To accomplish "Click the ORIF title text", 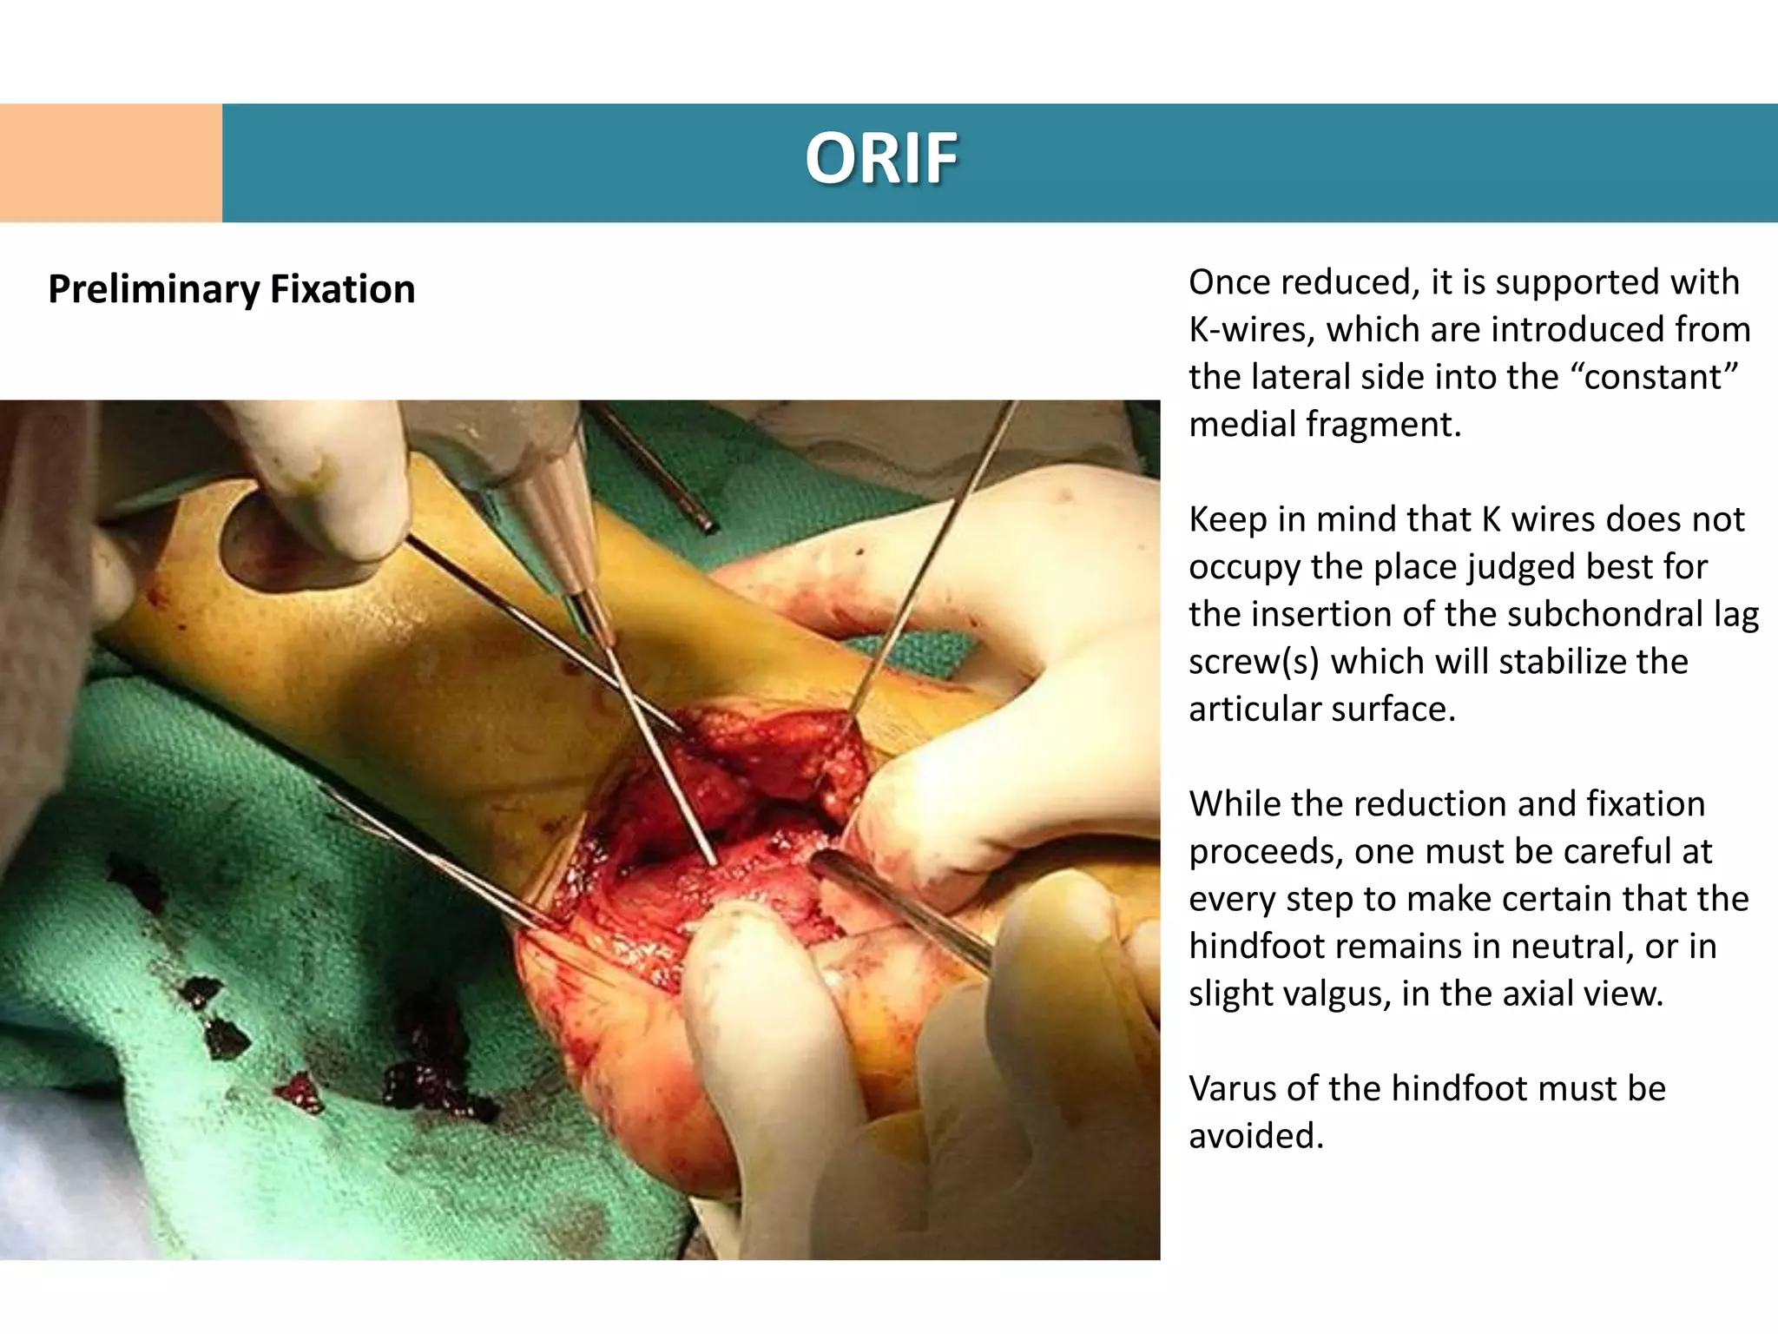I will pyautogui.click(x=881, y=159).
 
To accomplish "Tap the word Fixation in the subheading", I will pyautogui.click(x=342, y=289).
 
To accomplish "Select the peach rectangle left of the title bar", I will pyautogui.click(x=110, y=162).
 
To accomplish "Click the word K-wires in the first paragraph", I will pyautogui.click(x=1251, y=330).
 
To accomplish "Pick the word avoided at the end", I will pyautogui.click(x=1255, y=1136).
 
